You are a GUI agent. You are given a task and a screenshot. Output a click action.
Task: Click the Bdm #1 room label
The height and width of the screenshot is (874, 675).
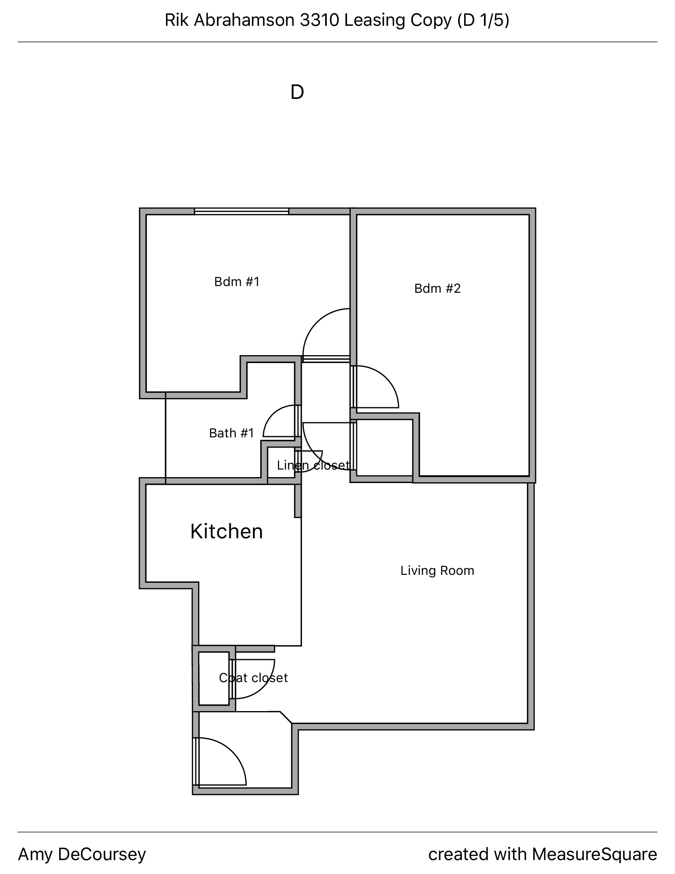[x=237, y=282]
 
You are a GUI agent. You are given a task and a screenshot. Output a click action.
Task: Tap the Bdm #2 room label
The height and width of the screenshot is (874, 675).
[x=438, y=288]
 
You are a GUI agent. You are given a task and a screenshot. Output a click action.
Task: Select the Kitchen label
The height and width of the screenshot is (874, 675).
[x=226, y=532]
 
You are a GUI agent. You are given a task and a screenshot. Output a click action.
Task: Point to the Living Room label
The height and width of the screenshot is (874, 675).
[x=437, y=570]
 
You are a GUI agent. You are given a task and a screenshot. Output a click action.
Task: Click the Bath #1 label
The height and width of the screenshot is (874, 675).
[x=231, y=433]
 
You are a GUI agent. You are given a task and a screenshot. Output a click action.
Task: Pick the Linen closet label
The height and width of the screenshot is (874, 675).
[x=314, y=465]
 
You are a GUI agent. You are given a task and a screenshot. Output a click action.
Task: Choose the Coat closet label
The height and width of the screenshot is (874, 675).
[x=254, y=677]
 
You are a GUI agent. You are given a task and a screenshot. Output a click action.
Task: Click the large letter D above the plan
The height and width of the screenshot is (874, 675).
[x=297, y=92]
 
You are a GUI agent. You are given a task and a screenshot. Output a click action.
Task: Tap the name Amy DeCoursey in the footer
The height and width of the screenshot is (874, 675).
[x=82, y=854]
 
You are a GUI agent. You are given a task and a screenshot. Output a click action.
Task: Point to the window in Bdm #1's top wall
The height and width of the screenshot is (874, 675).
[x=241, y=211]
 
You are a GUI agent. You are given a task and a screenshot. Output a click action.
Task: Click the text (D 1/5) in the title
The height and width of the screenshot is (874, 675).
[x=483, y=20]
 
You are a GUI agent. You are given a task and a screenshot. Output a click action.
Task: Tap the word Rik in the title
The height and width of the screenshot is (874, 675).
[x=176, y=20]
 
